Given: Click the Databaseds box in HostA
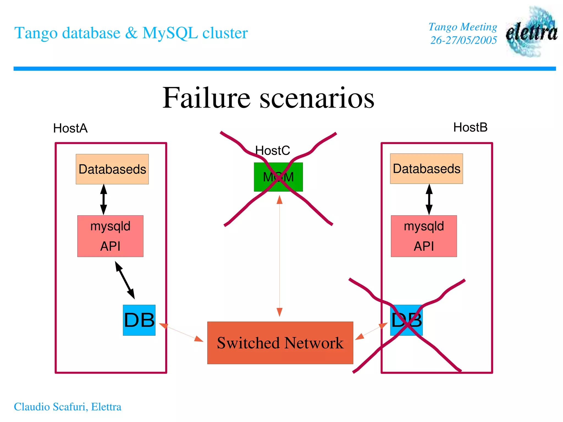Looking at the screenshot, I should click(112, 169).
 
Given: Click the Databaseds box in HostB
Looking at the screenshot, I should click(426, 169).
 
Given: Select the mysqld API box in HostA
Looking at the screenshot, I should click(110, 236).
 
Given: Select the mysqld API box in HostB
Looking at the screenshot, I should click(424, 236).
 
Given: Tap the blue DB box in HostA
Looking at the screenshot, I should click(139, 320).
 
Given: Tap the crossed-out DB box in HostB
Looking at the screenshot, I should click(406, 320).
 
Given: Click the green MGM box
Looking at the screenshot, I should click(278, 177).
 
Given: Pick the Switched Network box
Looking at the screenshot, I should click(280, 343).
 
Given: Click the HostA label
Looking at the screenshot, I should click(70, 128).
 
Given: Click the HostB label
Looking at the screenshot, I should click(470, 128).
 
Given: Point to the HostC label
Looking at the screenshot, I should click(272, 151).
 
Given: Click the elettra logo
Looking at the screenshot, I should click(531, 32).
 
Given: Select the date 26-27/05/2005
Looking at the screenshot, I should click(463, 40).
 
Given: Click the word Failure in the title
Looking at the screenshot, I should click(206, 98).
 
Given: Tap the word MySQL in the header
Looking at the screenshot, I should click(170, 33).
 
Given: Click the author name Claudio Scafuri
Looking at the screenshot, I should click(51, 407).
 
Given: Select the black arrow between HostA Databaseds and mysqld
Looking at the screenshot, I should click(104, 200).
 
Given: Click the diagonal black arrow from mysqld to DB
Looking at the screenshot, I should click(125, 280).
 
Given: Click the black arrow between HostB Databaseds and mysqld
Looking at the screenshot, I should click(429, 200).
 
